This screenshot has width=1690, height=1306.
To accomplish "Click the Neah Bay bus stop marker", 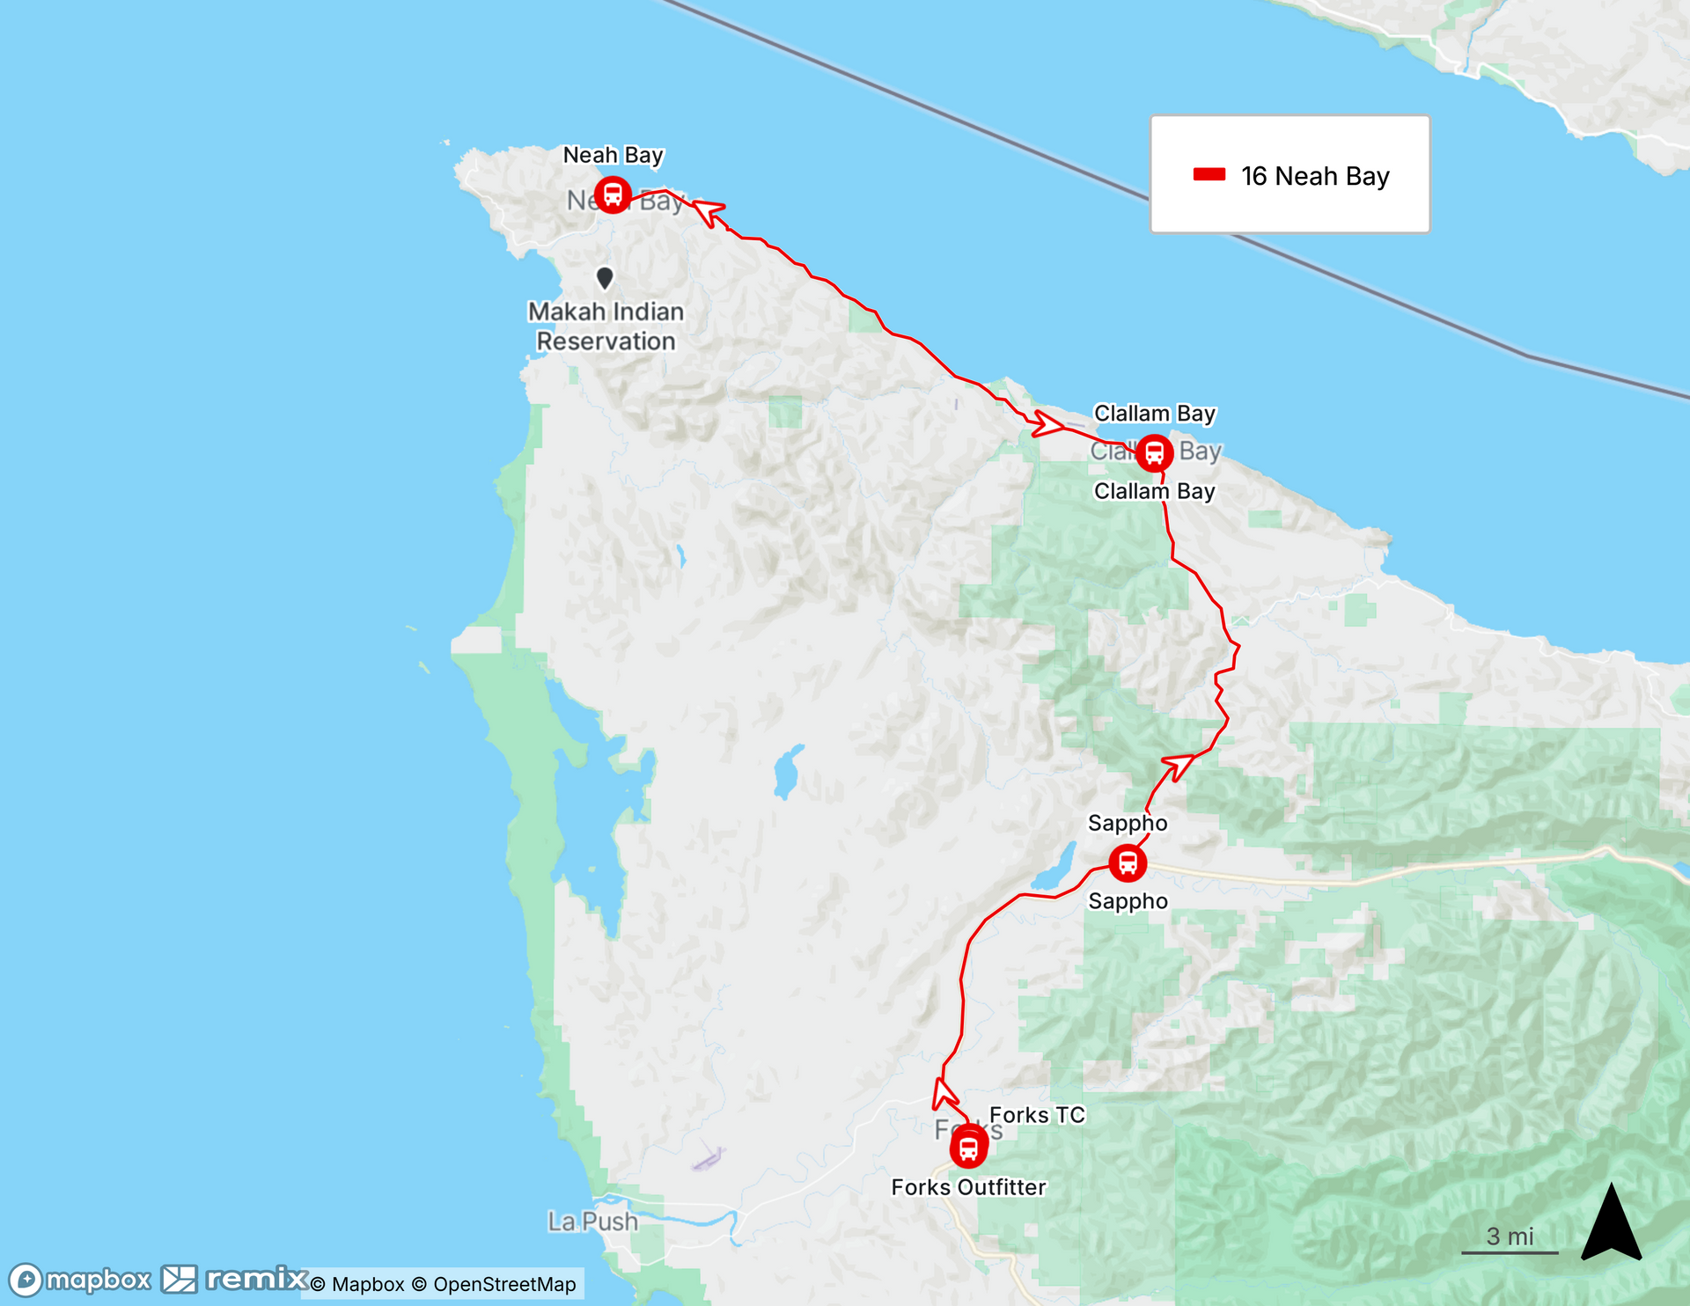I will (x=613, y=194).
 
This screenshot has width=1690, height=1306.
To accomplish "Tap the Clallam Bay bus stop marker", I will (x=1154, y=453).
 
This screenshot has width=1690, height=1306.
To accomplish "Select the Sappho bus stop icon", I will (x=1128, y=862).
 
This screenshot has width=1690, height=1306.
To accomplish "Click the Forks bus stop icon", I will (x=968, y=1148).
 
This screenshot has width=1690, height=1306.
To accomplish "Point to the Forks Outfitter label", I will (x=968, y=1187).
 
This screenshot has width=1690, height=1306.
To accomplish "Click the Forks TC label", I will (x=1037, y=1115).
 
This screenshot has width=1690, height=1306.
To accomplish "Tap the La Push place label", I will (x=592, y=1222).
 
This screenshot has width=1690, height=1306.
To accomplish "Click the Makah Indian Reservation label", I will (x=606, y=326).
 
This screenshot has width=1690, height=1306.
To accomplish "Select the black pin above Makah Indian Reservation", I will (x=605, y=277).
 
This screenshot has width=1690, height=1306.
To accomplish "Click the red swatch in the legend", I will (x=1209, y=174).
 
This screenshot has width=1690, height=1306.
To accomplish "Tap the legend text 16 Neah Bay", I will (x=1314, y=176).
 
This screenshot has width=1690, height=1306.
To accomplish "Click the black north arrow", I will (x=1611, y=1223).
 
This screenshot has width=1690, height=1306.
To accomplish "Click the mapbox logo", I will (x=81, y=1280).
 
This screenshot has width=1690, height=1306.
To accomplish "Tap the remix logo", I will (x=236, y=1279).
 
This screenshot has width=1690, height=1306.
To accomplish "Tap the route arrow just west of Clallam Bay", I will (x=1047, y=424).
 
